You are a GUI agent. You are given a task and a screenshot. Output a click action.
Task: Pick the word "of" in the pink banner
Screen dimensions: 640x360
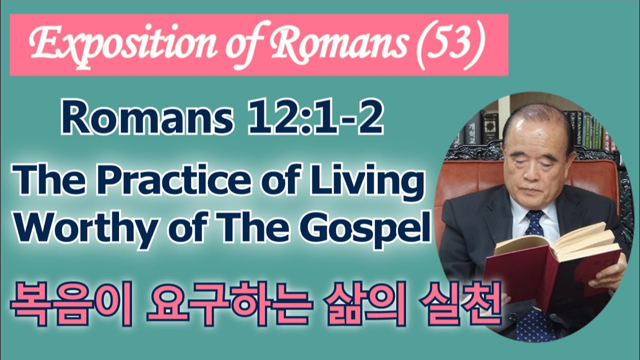pyautogui.click(x=243, y=48)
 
